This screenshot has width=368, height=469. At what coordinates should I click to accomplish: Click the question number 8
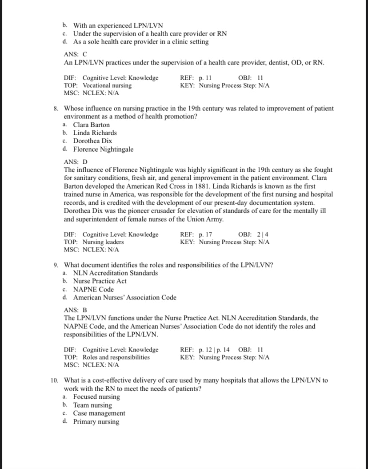pos(56,109)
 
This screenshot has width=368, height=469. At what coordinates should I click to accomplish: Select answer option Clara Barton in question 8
pos(91,125)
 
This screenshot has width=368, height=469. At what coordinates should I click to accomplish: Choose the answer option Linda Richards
pos(95,133)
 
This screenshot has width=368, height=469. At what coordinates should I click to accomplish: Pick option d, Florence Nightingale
pos(103,150)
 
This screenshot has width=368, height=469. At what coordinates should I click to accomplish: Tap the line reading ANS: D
pos(76,162)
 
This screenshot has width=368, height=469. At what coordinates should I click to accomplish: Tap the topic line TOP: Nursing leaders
pos(94,243)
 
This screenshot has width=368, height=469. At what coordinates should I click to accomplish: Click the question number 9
pos(56,265)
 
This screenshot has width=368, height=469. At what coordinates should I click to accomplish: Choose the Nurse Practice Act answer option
pos(100,281)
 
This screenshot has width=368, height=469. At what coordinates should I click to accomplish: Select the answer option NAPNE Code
pos(93,289)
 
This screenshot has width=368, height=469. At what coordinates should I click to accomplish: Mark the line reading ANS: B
pos(76,310)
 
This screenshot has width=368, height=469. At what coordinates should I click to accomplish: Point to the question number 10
pos(54,380)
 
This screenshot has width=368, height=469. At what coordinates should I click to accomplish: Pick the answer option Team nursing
pos(92,405)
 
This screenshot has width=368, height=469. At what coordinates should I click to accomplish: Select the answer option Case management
pos(99,413)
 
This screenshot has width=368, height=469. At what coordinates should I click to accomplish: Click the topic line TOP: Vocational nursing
pos(98,85)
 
